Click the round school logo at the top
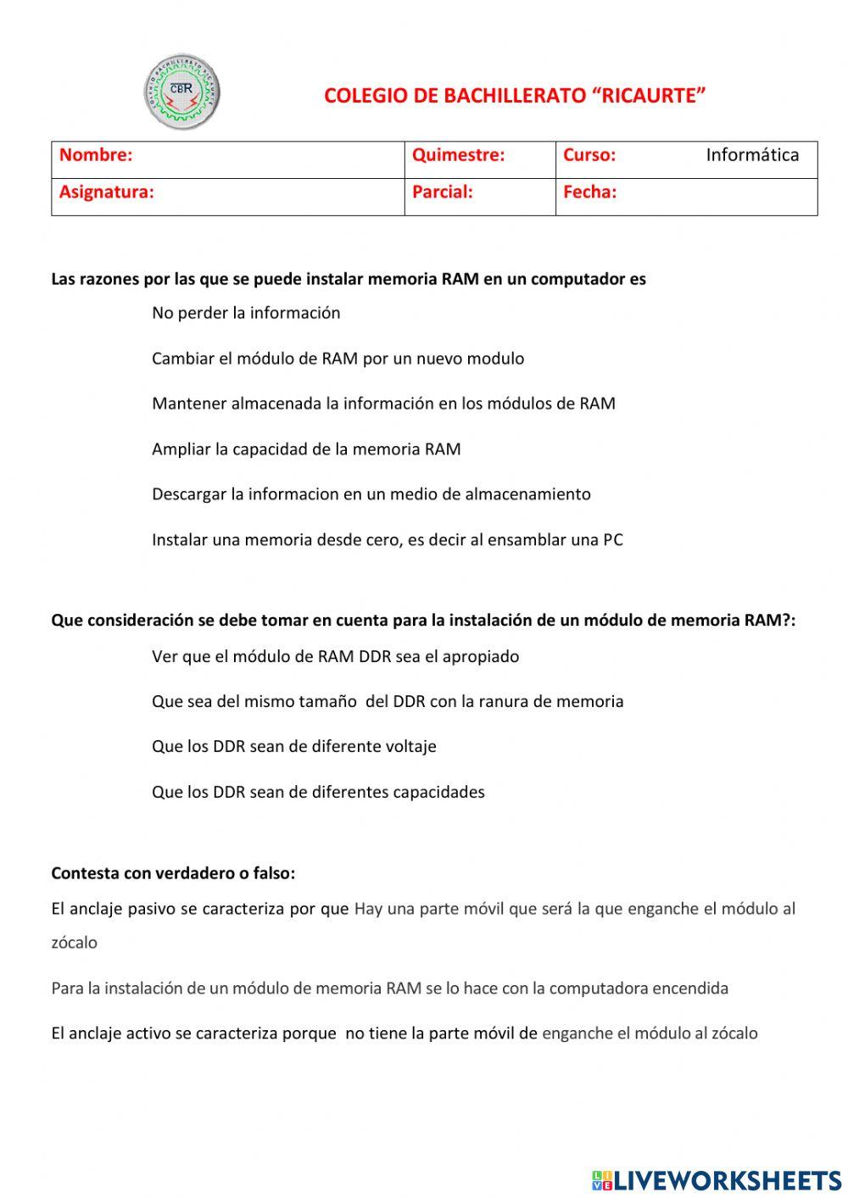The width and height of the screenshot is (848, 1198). [x=181, y=92]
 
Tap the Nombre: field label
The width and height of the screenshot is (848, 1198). [x=96, y=155]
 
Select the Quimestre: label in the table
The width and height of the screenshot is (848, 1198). [x=458, y=155]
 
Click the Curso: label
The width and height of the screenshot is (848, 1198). [x=589, y=155]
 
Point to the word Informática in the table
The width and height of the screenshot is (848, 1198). [x=752, y=155]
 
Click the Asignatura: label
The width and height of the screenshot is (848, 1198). [x=107, y=192]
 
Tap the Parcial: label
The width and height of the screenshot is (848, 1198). [x=442, y=192]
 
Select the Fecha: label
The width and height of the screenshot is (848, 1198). [x=589, y=192]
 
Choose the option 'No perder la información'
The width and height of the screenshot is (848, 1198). [x=246, y=313]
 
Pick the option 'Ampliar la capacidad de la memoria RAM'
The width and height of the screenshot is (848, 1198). [x=306, y=449]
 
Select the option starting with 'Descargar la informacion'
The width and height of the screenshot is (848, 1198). [x=371, y=494]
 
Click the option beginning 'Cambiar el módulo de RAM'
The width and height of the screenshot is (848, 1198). [x=338, y=359]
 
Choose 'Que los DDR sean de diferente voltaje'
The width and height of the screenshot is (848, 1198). [x=293, y=747]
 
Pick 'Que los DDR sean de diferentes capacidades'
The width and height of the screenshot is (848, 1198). [x=318, y=793]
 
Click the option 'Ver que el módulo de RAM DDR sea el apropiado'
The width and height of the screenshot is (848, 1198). [x=335, y=657]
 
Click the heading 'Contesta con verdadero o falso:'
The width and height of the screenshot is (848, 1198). [x=173, y=873]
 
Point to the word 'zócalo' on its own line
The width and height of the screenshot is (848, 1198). [x=74, y=943]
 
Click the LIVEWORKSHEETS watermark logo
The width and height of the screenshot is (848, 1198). [x=717, y=1180]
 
